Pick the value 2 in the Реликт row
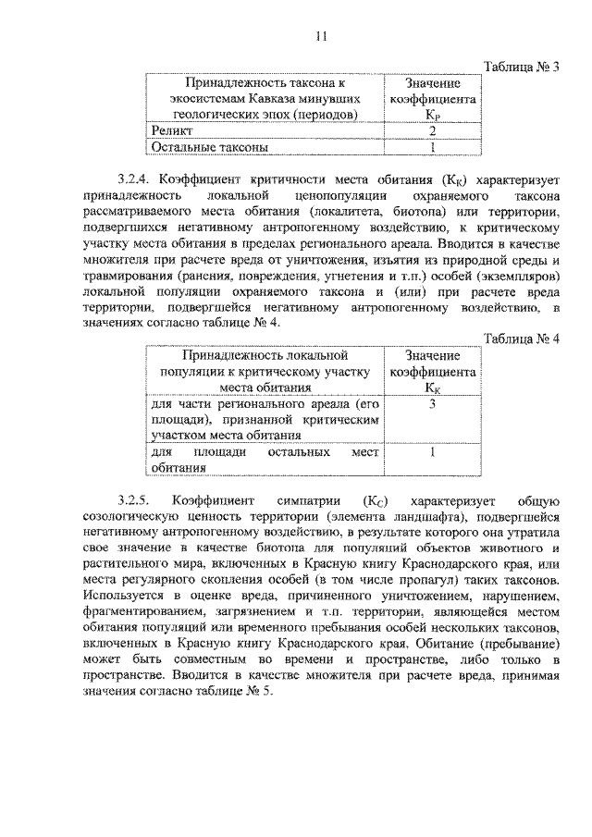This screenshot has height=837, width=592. (432, 131)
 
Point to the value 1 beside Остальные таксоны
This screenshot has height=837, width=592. (432, 146)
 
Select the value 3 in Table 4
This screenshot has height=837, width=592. (432, 404)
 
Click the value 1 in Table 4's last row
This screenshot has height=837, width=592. (432, 452)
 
